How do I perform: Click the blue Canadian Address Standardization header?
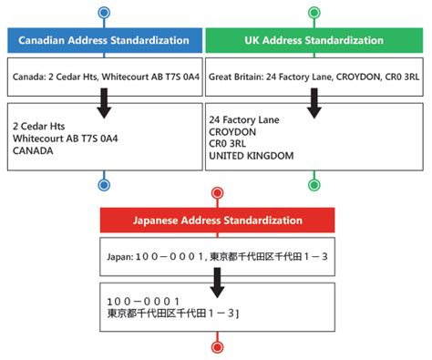click(104, 40)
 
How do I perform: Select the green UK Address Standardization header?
click(314, 40)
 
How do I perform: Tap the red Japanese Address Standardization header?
click(217, 220)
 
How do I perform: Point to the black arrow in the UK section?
click(314, 101)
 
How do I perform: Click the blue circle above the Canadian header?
click(104, 13)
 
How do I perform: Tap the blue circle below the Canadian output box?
click(104, 185)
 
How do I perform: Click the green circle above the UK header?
click(314, 13)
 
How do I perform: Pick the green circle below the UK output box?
click(314, 185)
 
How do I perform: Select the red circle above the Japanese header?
click(217, 193)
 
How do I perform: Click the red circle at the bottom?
click(217, 345)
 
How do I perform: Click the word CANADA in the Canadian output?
click(34, 151)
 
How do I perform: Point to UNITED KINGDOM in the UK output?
click(252, 156)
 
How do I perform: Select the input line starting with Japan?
click(217, 256)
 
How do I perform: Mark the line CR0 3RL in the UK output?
click(228, 144)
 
